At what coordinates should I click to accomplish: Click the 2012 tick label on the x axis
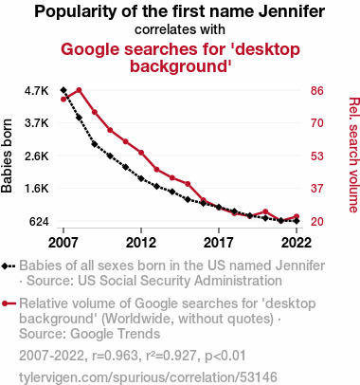[x=141, y=243]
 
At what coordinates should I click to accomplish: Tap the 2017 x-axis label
[x=219, y=243]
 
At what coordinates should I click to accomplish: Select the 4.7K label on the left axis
[x=37, y=91]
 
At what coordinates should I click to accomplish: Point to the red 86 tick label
[x=317, y=91]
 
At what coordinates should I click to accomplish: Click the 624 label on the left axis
[x=39, y=222]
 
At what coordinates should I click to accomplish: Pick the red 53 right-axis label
[x=317, y=156]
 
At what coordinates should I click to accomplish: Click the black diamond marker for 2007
[x=63, y=90]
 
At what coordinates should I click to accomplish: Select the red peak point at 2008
[x=79, y=90]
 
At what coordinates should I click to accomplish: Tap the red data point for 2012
[x=141, y=153]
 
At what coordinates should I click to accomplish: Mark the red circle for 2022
[x=297, y=216]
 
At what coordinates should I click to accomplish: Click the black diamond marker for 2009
[x=95, y=144]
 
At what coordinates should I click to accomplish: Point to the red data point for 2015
[x=188, y=184]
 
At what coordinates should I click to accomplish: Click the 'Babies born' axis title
[x=7, y=156]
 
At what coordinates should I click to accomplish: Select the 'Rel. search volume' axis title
[x=353, y=155]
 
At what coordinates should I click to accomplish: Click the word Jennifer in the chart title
[x=292, y=11]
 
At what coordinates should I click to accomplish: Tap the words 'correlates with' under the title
[x=180, y=29]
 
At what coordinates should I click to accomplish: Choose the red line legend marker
[x=9, y=303]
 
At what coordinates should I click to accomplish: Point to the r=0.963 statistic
[x=115, y=356]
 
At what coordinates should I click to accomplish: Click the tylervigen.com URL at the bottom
[x=148, y=377]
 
